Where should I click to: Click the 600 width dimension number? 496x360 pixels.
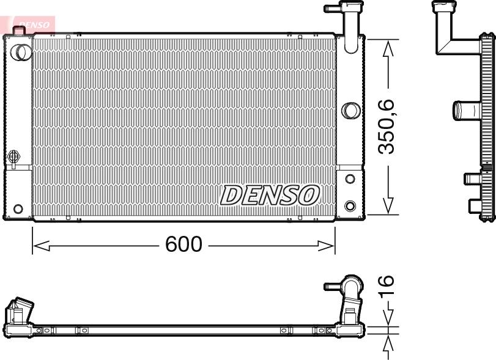(183, 244)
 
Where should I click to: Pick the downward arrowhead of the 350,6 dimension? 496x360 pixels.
(387, 205)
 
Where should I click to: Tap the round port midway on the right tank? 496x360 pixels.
(350, 111)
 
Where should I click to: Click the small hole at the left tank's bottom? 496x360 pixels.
(18, 209)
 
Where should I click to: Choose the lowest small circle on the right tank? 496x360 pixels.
(350, 205)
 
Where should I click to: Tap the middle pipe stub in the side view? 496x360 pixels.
(464, 111)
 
